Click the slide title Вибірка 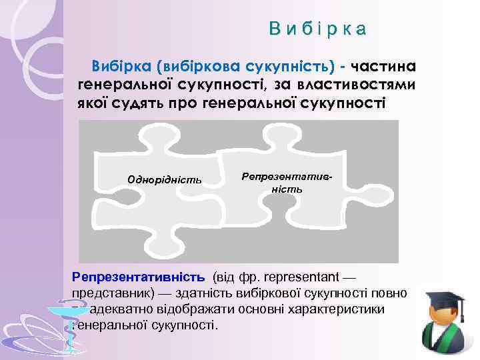click(x=317, y=29)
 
